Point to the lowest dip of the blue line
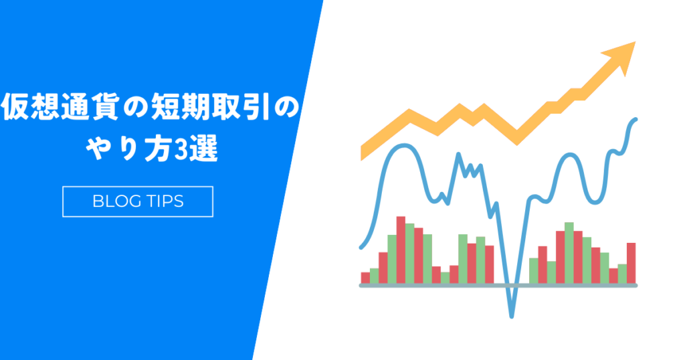coord(512,316)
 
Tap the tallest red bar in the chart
coord(401,250)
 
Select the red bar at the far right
coord(631,263)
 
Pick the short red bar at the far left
coord(365,278)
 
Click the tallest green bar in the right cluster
coord(569,253)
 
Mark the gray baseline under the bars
coord(498,285)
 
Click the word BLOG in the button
coord(111,201)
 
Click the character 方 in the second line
coord(157,149)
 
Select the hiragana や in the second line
coord(99,149)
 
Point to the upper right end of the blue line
coord(635,119)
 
